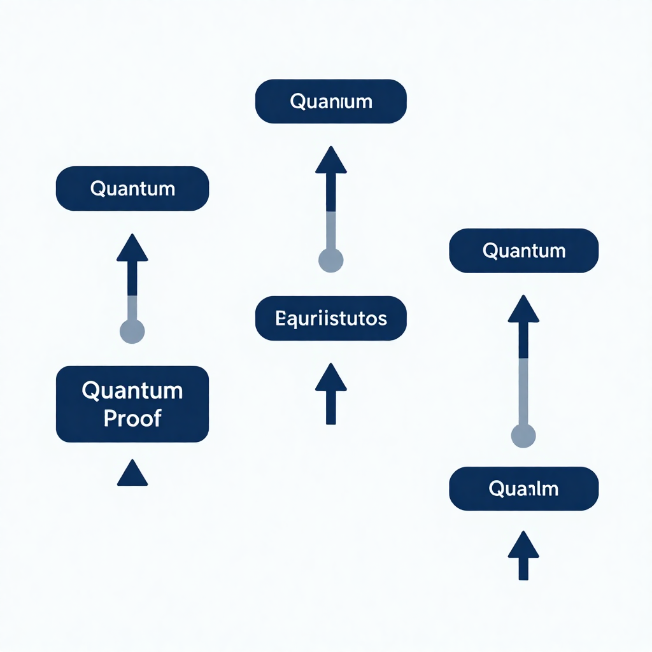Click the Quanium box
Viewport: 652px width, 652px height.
point(330,101)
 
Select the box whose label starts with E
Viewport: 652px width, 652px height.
point(330,318)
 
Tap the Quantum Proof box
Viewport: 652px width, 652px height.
point(132,404)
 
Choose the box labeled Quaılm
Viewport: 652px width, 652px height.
point(523,488)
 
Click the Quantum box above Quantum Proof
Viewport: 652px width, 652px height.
point(132,188)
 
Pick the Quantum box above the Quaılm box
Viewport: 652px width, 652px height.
point(523,250)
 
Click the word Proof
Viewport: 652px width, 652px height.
point(132,418)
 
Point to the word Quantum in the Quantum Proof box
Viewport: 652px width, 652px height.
point(132,390)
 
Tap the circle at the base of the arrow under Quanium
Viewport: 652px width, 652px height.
point(330,260)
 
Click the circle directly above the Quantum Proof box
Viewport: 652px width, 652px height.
point(132,331)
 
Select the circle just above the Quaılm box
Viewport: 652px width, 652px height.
point(523,436)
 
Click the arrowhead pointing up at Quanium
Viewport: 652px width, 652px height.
point(331,161)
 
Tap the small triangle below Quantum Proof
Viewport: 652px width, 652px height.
point(132,474)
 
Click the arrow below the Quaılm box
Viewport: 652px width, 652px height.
point(523,555)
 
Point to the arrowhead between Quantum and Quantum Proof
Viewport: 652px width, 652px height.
point(132,249)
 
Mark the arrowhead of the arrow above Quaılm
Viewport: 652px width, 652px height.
point(523,309)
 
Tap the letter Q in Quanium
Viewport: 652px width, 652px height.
point(297,102)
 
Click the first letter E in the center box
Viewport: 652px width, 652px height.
point(280,318)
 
